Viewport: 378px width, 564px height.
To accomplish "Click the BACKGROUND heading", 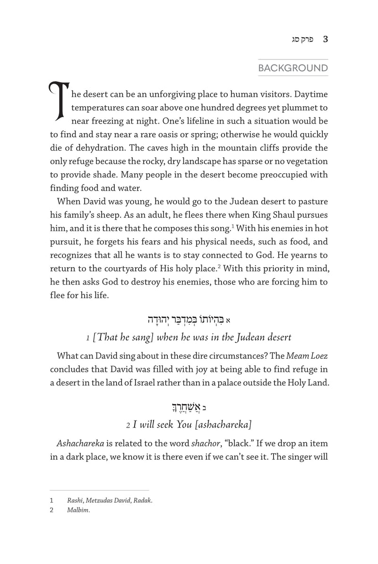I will click(292, 68).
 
